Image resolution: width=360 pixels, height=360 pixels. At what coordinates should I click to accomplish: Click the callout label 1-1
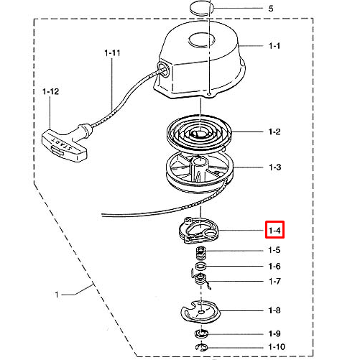tap(274, 46)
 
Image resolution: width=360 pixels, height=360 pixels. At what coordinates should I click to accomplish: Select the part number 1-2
tap(274, 131)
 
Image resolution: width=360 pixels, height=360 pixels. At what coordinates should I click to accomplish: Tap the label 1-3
tap(274, 167)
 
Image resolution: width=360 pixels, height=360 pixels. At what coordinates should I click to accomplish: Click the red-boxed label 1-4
tap(274, 231)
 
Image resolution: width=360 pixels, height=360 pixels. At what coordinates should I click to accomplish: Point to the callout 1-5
tap(274, 250)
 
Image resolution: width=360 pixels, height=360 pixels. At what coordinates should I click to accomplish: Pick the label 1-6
tap(274, 266)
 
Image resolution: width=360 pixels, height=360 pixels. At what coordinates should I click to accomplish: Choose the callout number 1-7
tap(274, 281)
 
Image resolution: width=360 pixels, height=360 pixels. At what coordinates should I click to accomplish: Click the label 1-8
tap(274, 310)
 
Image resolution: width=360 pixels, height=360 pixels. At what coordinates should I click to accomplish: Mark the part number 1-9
tap(274, 333)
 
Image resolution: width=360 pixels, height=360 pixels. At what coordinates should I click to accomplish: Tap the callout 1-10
tap(277, 347)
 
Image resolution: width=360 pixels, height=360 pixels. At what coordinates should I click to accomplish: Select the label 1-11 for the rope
tap(112, 52)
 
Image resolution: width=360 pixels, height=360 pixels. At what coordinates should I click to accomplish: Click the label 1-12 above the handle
tap(50, 91)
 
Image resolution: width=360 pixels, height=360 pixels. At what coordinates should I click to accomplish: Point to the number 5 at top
tap(271, 9)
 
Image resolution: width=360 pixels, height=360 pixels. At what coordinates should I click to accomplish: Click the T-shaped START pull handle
tap(65, 143)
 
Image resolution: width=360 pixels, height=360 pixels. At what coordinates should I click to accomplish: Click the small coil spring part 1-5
tap(201, 253)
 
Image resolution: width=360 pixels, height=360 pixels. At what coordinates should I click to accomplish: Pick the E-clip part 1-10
tap(202, 347)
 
